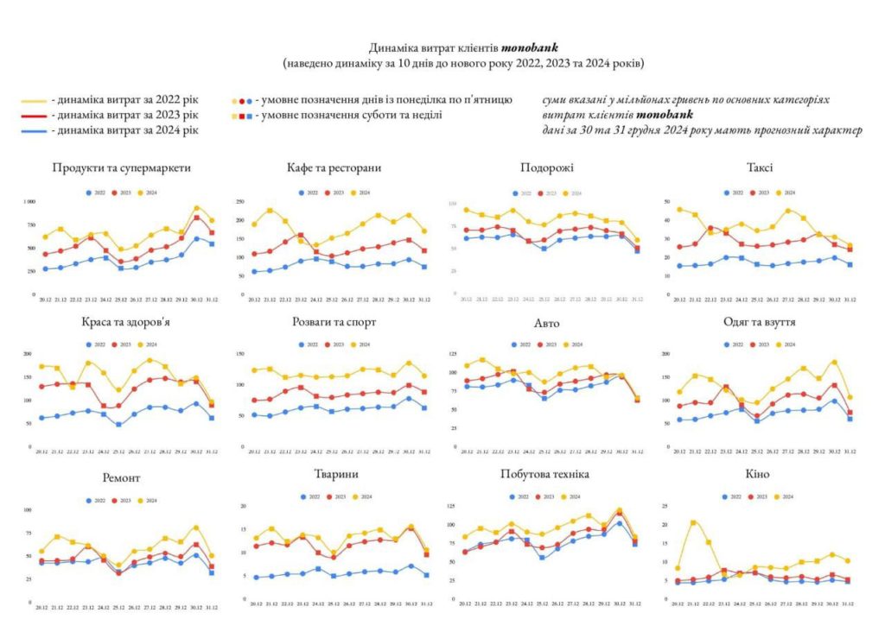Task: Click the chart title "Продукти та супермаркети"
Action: (121, 167)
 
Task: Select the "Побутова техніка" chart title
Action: (544, 475)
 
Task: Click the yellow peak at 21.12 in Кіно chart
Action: (692, 522)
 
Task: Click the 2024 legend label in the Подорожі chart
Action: (576, 193)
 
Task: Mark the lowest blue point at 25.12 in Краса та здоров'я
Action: (118, 425)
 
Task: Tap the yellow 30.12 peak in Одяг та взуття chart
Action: (834, 363)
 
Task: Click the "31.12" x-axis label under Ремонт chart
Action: (211, 609)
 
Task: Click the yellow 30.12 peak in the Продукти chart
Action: (197, 208)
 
